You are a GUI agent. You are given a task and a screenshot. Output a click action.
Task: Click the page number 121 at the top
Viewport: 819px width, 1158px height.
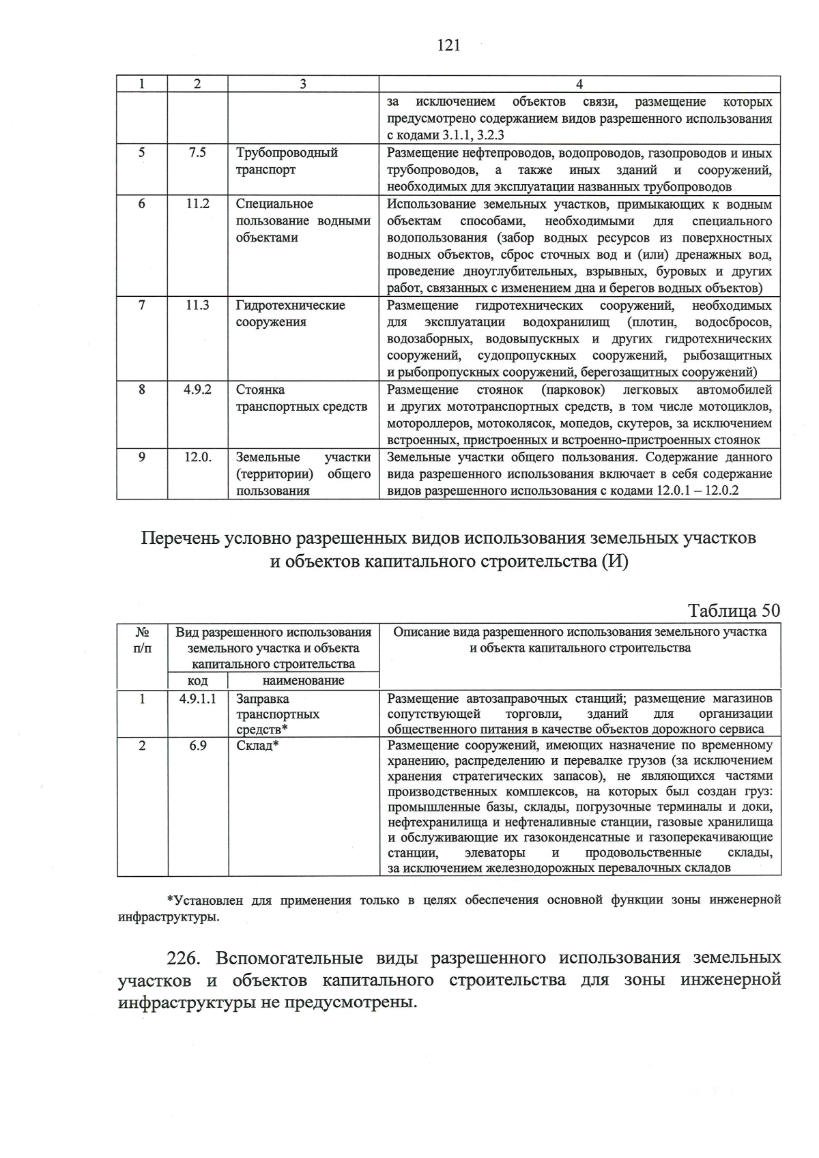click(448, 46)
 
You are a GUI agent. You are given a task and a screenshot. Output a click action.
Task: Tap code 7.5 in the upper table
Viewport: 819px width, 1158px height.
click(197, 153)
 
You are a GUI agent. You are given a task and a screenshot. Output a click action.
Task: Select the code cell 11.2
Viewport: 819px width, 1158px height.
click(197, 204)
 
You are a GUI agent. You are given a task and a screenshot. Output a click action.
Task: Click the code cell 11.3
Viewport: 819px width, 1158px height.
click(197, 305)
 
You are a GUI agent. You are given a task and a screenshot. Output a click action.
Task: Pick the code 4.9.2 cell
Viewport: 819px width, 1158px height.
click(197, 390)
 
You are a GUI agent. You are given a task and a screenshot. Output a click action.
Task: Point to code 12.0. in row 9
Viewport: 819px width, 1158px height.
click(197, 457)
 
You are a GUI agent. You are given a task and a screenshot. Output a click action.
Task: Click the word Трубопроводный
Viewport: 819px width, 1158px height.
click(287, 153)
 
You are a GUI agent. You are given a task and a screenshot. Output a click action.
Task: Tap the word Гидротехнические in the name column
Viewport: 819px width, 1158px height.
click(291, 305)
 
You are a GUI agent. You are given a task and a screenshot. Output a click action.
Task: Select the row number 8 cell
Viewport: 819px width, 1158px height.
click(142, 390)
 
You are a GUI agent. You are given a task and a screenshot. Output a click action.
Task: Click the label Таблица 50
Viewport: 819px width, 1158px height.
click(734, 609)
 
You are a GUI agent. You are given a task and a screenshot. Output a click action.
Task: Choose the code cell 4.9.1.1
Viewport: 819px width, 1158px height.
click(197, 699)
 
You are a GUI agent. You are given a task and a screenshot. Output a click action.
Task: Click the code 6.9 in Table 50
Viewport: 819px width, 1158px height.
click(198, 746)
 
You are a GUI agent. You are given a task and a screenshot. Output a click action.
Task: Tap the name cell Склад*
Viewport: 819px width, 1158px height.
click(257, 746)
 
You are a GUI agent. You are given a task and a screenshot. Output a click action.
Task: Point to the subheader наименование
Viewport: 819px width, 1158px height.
click(303, 681)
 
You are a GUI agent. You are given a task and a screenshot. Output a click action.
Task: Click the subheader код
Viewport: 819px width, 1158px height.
click(198, 681)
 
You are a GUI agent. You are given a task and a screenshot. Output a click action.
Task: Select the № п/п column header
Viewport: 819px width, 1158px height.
click(143, 639)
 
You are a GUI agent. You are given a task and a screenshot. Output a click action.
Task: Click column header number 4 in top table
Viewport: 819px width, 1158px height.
click(579, 84)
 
